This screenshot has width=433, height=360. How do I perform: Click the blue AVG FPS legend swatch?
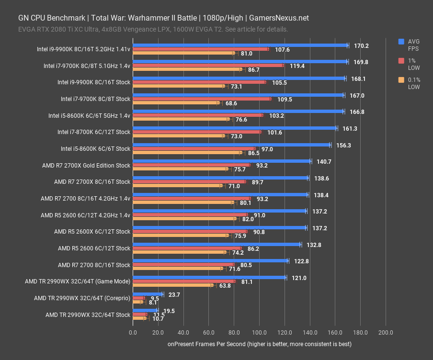pyautogui.click(x=401, y=42)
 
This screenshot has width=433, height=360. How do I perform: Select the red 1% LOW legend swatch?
pyautogui.click(x=401, y=61)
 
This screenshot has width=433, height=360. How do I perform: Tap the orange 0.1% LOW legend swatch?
pyautogui.click(x=401, y=80)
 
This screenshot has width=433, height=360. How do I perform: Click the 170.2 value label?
pyautogui.click(x=361, y=46)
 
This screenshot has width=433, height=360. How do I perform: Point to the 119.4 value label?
pyautogui.click(x=297, y=66)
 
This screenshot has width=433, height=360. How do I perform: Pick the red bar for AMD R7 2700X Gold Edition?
pyautogui.click(x=191, y=165)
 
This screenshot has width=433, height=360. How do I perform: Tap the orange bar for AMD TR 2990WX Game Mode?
pyautogui.click(x=172, y=285)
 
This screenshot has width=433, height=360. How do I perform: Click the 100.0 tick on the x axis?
pyautogui.click(x=259, y=333)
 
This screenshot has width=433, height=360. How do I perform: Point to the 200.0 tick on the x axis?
pyautogui.click(x=386, y=333)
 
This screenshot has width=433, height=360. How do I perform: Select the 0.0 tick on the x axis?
pyautogui.click(x=133, y=333)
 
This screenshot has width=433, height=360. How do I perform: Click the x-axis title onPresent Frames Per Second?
pyautogui.click(x=259, y=344)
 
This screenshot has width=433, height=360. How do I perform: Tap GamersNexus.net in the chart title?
pyautogui.click(x=279, y=18)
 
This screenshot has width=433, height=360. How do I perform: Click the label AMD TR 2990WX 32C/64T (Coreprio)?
pyautogui.click(x=82, y=298)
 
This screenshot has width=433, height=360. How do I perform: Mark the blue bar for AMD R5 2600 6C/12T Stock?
pyautogui.click(x=216, y=244)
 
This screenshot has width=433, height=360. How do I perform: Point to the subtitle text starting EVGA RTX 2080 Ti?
pyautogui.click(x=153, y=29)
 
